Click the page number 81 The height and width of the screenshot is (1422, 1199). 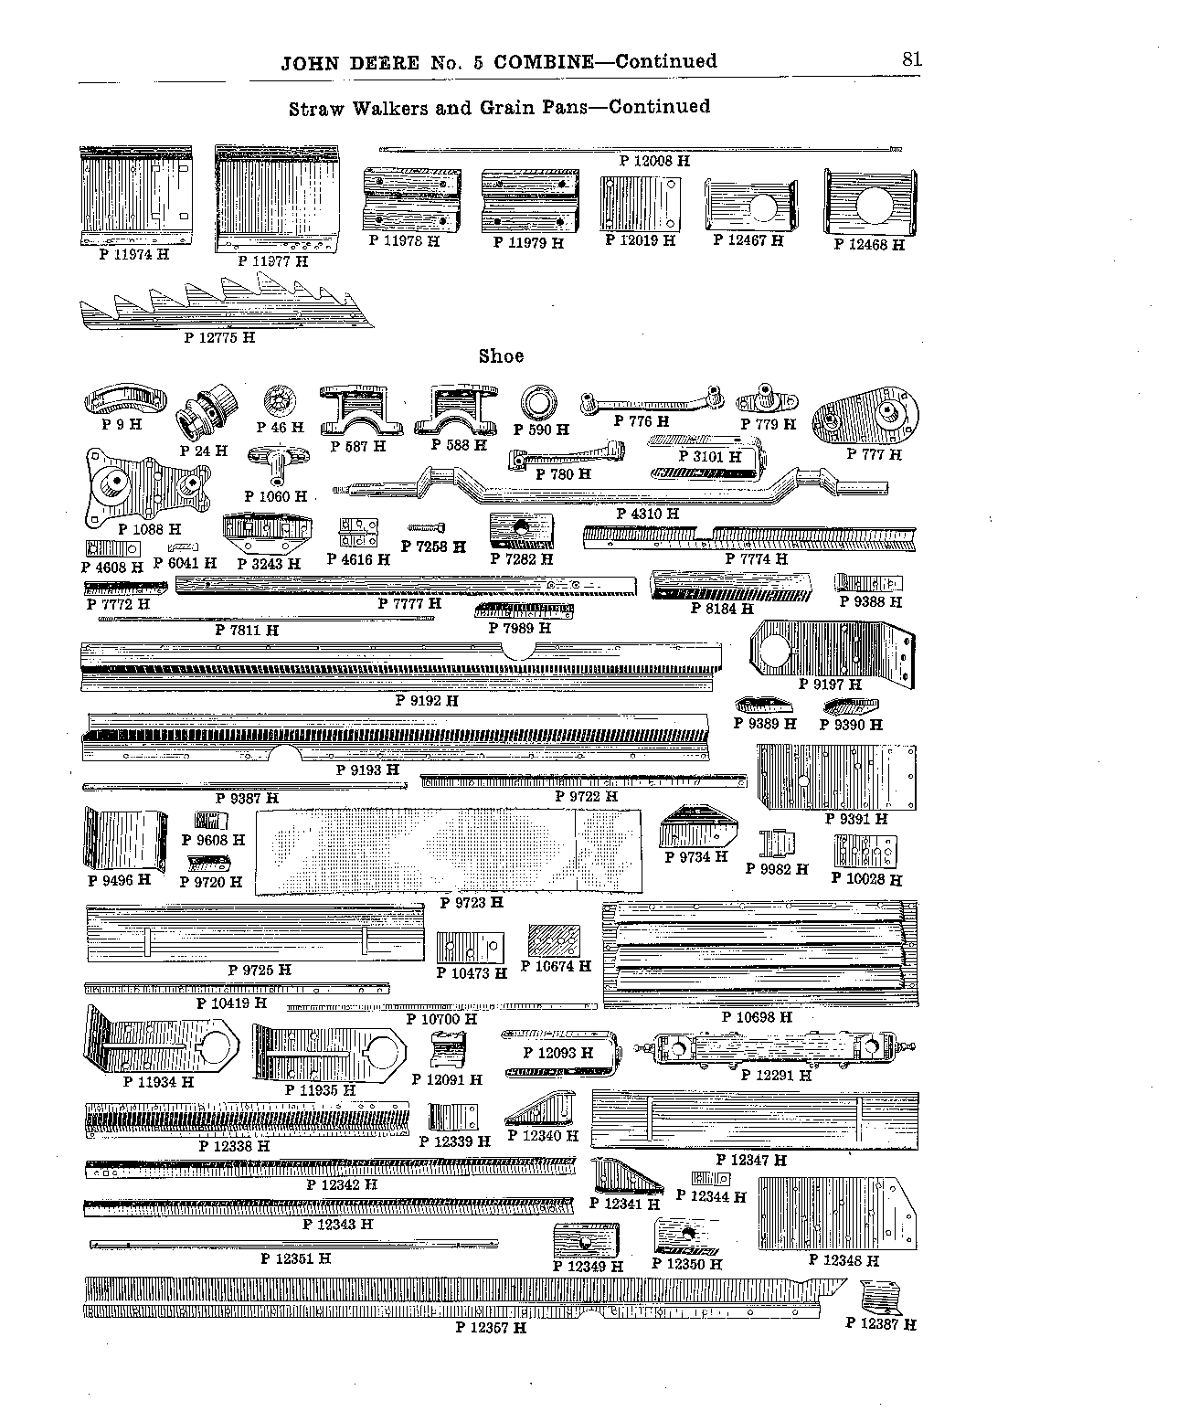911,59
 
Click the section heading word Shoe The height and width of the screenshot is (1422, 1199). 501,356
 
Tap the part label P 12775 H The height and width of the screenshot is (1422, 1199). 219,337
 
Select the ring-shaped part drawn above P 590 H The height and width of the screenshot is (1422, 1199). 538,403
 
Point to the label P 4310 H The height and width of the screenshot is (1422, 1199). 647,514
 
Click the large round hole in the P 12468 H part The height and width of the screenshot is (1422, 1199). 874,205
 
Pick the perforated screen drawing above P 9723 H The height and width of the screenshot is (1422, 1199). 449,851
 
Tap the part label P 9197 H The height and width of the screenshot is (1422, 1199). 830,684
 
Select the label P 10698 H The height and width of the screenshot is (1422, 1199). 756,1017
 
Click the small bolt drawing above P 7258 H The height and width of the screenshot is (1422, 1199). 427,527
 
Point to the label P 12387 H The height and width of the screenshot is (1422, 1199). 880,1323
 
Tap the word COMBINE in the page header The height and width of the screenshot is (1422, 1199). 544,62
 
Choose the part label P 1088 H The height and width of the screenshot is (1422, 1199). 149,529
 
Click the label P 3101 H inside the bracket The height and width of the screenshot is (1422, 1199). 709,456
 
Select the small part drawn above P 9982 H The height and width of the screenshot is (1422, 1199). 777,844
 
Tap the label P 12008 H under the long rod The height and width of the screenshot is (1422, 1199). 654,161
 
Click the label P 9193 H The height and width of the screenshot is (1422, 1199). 367,769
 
